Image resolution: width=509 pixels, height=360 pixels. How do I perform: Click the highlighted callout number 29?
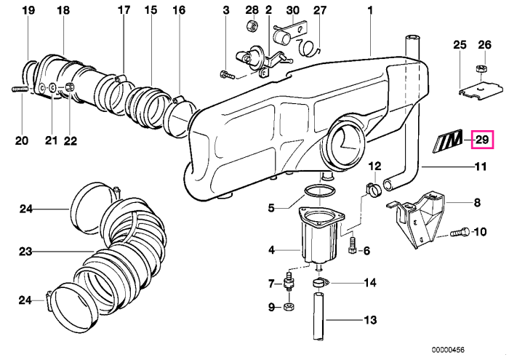coord(482,140)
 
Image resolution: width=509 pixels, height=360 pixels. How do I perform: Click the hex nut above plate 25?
coord(481,69)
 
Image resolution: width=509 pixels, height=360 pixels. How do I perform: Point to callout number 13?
coord(370,320)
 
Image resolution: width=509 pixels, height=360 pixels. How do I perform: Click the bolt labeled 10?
coord(460,232)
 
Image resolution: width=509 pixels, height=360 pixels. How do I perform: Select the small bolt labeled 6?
coord(351,245)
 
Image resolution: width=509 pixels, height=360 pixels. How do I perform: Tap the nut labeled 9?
coord(289,306)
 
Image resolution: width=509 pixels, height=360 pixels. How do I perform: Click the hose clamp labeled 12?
coord(373,190)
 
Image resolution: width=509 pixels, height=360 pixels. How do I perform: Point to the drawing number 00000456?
coord(448,350)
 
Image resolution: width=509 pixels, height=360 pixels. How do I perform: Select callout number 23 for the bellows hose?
coord(25,252)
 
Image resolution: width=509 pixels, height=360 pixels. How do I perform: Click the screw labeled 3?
coord(227,76)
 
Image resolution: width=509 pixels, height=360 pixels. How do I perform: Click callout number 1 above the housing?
coord(369,10)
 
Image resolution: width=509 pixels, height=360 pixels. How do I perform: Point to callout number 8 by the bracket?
coord(476,203)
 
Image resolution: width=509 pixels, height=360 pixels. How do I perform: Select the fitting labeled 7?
coord(288,281)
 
